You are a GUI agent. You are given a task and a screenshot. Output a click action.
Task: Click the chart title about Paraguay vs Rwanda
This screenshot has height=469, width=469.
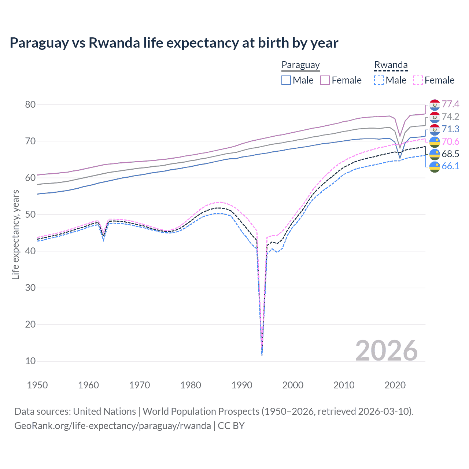(x=174, y=43)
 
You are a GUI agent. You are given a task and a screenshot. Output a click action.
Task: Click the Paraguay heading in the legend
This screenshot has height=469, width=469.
(x=300, y=65)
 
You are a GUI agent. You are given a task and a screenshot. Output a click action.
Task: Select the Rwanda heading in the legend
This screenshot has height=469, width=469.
(x=391, y=65)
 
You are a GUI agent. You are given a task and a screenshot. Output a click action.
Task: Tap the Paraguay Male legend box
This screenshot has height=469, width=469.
(x=286, y=80)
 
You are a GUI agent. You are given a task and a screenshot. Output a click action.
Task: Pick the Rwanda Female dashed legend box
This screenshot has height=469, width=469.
(x=418, y=80)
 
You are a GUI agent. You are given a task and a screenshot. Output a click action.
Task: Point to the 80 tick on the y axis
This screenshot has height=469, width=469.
(x=30, y=104)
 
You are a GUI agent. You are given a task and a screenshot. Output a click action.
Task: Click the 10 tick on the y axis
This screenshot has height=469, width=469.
(x=30, y=361)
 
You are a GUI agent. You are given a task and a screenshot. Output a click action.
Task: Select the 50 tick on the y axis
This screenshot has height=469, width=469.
(x=30, y=214)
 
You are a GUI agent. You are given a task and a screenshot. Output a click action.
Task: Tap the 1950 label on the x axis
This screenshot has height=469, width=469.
(x=37, y=385)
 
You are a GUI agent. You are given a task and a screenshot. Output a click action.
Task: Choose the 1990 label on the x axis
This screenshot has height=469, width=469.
(x=242, y=385)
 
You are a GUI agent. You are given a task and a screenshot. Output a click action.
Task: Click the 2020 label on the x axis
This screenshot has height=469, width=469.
(x=395, y=385)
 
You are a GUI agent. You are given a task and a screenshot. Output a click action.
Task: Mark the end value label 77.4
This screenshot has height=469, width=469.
(x=450, y=104)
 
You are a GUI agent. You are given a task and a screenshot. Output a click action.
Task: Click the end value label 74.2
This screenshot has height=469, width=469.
(x=450, y=117)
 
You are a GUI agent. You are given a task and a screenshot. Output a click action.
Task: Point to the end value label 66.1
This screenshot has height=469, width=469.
(x=450, y=166)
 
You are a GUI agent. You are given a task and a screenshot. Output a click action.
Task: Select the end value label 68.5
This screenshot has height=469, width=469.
(x=450, y=154)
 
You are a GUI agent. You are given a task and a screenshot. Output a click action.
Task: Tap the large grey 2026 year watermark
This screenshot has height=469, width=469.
(x=387, y=351)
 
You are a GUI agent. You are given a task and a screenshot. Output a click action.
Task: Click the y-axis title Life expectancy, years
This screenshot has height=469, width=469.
(x=15, y=234)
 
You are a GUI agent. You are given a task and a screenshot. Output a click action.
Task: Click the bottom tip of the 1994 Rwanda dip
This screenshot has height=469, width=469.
(x=262, y=355)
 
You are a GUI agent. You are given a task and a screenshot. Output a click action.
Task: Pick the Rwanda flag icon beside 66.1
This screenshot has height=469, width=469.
(x=435, y=167)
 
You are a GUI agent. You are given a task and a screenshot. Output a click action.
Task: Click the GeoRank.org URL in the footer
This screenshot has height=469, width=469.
(x=112, y=426)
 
